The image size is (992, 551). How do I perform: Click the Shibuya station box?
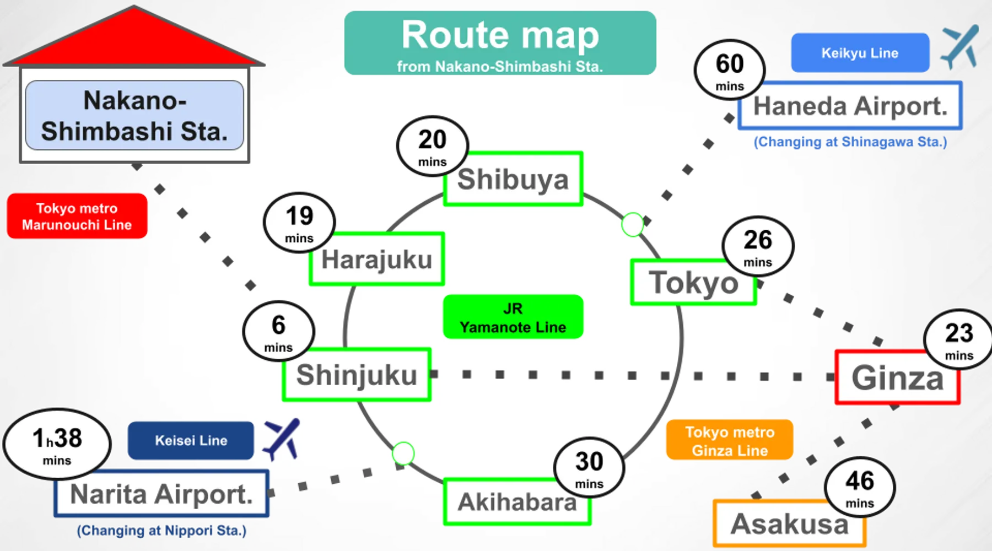513,180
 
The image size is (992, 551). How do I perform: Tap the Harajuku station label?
377,260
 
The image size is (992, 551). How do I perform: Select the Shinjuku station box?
357,375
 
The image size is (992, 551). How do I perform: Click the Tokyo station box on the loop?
693,283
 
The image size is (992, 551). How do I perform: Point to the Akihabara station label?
516,502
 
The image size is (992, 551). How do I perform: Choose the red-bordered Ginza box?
897,379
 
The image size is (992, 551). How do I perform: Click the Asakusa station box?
789,524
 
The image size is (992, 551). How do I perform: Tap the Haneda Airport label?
850,106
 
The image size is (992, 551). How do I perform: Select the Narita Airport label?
161,494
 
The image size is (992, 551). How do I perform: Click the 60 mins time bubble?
730,70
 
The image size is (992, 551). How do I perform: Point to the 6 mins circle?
278,331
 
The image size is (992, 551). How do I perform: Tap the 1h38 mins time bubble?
57,444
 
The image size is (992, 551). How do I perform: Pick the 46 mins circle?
860,487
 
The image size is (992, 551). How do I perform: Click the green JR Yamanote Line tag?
513,317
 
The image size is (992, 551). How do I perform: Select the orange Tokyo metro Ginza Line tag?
730,441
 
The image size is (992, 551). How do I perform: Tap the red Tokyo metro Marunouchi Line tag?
77,216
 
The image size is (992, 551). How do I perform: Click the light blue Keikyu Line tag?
860,53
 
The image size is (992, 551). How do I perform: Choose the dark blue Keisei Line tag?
191,440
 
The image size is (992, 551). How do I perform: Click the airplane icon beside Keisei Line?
282,438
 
